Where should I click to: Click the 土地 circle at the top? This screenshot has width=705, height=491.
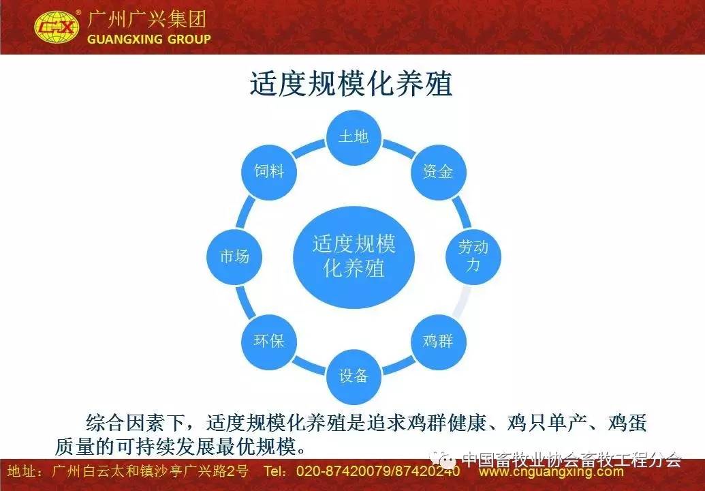(x=354, y=137)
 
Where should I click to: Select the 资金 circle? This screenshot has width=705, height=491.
(x=439, y=172)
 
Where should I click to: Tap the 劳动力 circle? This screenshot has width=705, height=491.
(x=473, y=256)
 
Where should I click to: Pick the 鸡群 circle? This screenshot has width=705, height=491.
(x=439, y=342)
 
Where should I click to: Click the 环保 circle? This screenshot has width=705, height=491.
(x=269, y=342)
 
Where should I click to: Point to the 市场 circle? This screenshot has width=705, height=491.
(x=234, y=256)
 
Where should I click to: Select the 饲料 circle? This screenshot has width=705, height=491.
(x=269, y=172)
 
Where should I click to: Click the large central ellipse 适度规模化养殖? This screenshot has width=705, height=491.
(x=354, y=257)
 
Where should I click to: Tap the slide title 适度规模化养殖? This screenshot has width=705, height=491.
(x=351, y=83)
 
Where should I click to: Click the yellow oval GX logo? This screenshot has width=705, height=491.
(x=57, y=27)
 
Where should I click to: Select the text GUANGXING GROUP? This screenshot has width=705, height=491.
(x=148, y=39)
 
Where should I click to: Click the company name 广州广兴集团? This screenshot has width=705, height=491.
(x=147, y=19)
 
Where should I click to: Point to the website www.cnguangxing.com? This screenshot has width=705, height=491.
(x=551, y=472)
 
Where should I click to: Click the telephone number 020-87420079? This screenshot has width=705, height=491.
(x=343, y=471)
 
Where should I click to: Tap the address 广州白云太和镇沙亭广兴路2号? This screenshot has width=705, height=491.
(x=150, y=471)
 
